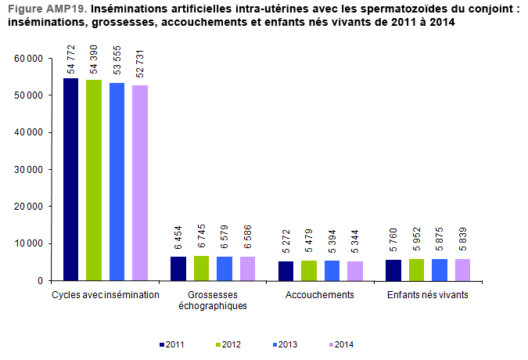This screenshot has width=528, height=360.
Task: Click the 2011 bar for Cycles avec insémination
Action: coord(70,179)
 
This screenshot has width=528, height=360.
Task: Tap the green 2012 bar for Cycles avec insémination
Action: coord(94,180)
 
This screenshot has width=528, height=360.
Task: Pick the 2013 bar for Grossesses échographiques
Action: coord(224,268)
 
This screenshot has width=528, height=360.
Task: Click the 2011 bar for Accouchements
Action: coord(286,271)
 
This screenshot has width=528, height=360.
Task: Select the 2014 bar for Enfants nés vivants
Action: coord(462,269)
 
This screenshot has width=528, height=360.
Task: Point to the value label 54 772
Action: coord(71,60)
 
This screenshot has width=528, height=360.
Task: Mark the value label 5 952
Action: coord(417,242)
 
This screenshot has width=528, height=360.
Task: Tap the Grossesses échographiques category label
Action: coord(213,300)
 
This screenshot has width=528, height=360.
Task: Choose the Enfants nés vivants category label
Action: coord(428,294)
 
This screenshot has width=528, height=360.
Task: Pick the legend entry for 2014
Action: coord(340,344)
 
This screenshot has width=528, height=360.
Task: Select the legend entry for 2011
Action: coord(170,344)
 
